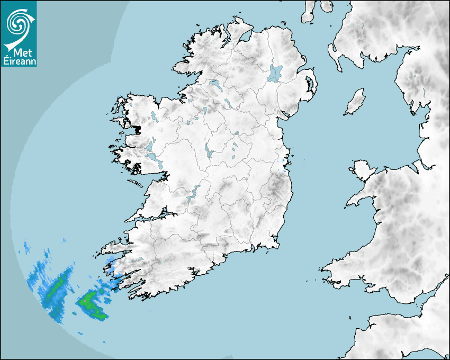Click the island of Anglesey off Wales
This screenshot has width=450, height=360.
click(361, 168)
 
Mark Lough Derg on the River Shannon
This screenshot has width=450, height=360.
click(193, 193)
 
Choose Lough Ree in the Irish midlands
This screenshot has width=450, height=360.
click(208, 152)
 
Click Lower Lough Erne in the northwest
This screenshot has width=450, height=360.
click(215, 84)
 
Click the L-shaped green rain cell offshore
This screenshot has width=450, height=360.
click(92, 304)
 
